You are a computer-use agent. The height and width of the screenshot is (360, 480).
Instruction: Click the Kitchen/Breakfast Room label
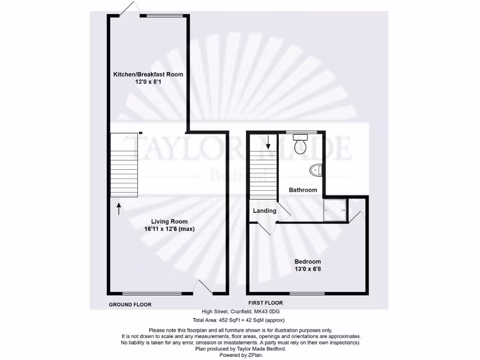tap(148, 74)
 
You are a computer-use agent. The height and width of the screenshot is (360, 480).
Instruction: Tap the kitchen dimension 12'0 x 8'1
tap(148, 82)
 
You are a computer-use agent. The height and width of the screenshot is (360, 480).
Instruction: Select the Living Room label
tap(169, 222)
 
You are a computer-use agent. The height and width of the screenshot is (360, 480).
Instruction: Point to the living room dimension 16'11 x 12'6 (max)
tap(169, 229)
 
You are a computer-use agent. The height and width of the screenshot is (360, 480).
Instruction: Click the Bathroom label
tap(303, 190)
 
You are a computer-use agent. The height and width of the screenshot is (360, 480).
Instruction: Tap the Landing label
tap(264, 211)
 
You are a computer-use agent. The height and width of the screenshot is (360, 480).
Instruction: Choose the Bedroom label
tap(307, 262)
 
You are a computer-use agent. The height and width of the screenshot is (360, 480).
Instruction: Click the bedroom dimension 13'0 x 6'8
tap(307, 269)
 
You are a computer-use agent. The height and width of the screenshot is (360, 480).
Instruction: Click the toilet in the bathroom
tap(300, 143)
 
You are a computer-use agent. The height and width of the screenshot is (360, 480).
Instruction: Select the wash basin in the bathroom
tap(316, 170)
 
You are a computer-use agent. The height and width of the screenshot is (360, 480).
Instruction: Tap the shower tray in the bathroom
tap(334, 210)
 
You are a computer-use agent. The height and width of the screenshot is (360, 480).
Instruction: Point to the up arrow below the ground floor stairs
tap(119, 209)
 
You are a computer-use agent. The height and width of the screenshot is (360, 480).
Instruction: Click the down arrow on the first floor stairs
tap(268, 142)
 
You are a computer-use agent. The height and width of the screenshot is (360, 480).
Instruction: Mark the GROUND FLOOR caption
tap(130, 305)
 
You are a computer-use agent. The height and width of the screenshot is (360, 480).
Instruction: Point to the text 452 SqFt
tap(230, 321)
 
